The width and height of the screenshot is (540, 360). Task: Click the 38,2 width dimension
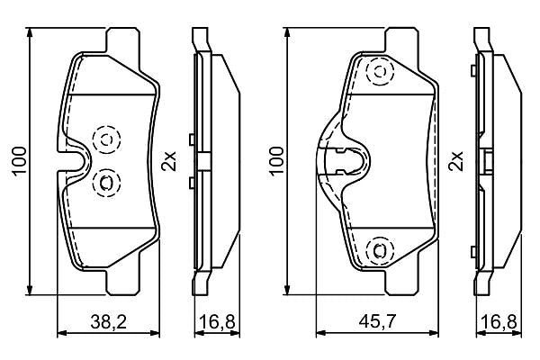coord(109,322)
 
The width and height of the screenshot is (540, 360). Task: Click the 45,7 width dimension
coord(377,322)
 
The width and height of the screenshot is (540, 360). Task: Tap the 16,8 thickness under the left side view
coord(217,322)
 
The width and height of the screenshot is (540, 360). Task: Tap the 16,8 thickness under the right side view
coord(499,322)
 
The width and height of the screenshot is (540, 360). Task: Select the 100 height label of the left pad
coord(19,162)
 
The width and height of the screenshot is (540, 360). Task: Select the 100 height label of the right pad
coord(276,162)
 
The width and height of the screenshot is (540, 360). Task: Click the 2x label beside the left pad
coord(169,161)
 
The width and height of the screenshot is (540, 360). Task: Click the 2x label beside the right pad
coord(455,161)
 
